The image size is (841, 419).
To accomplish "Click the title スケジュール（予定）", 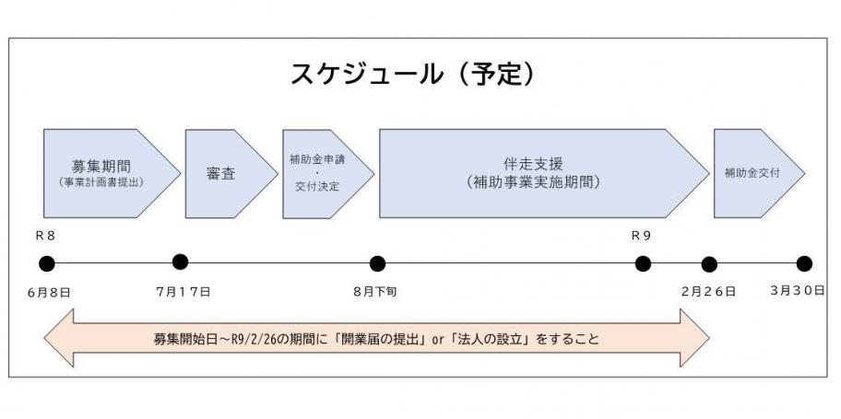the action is (413, 74).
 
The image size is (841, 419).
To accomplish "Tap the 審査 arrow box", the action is (231, 174).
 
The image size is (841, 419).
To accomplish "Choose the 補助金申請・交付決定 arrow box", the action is (328, 174).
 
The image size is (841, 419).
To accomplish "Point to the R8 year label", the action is (45, 237).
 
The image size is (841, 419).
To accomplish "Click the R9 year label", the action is (641, 237).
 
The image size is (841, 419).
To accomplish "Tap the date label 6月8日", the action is (50, 293).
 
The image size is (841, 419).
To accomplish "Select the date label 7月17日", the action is (184, 292).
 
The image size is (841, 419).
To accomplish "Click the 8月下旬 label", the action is (375, 293).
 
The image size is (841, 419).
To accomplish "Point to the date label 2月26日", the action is (708, 292).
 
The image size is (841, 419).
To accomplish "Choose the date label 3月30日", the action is (798, 291).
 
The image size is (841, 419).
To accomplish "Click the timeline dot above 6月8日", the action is (47, 263).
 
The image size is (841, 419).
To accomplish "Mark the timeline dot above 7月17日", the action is (180, 262).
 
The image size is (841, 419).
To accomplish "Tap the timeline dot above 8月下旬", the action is (377, 263).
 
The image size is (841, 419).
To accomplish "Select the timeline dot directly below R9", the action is (643, 263).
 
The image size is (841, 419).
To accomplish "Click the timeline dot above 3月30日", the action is (804, 263).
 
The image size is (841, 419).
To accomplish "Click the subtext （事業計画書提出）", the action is (101, 182).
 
